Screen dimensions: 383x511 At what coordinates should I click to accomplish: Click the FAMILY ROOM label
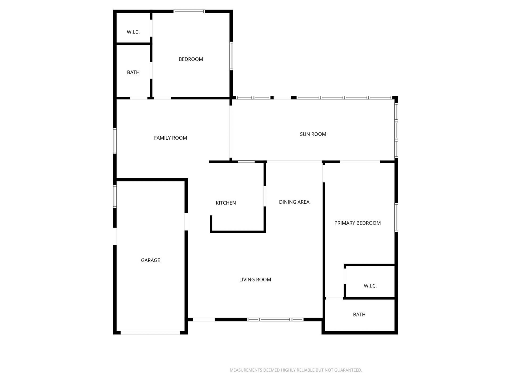[x=170, y=138]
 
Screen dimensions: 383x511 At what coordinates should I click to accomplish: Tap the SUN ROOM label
[x=313, y=134]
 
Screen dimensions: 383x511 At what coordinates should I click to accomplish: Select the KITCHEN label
[x=226, y=203]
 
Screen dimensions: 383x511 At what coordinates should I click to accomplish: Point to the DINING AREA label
[x=294, y=202]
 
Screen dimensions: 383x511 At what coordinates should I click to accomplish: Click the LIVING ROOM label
[x=255, y=280]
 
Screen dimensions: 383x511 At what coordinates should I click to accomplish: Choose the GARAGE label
[x=150, y=260]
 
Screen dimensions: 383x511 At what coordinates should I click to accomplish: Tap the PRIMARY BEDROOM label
[x=357, y=223]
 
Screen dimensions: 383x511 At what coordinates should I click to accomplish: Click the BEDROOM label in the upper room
[x=191, y=59]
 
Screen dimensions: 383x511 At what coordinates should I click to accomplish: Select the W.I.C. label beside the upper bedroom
[x=133, y=32]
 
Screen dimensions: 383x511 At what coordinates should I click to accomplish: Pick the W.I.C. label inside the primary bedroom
[x=370, y=286]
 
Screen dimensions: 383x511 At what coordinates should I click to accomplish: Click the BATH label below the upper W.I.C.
[x=133, y=72]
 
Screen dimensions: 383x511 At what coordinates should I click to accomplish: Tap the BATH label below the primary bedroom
[x=359, y=314]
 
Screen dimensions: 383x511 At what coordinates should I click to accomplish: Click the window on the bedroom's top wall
[x=189, y=11]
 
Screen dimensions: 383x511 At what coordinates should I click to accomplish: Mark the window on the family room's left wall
[x=115, y=141]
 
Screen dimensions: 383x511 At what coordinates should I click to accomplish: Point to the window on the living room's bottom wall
[x=275, y=319]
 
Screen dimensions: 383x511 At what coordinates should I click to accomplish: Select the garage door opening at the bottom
[x=150, y=332]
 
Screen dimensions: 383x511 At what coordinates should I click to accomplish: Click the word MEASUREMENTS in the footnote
[x=246, y=370]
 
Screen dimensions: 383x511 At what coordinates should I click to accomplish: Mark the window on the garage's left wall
[x=115, y=196]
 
